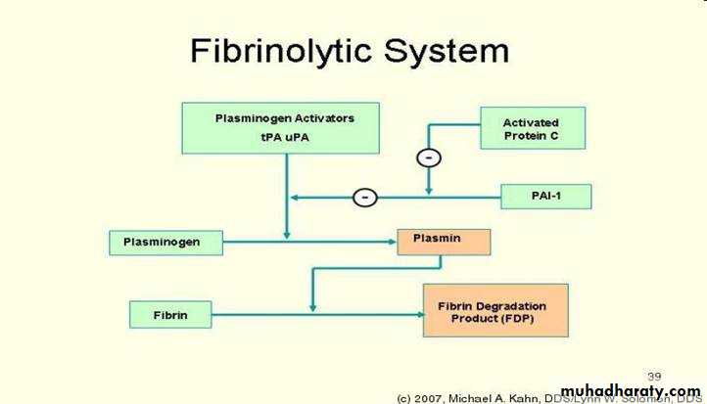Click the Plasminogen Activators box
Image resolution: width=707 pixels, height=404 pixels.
click(x=284, y=127)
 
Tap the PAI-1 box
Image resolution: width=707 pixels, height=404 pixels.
click(x=545, y=198)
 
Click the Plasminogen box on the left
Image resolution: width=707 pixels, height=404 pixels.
click(x=165, y=240)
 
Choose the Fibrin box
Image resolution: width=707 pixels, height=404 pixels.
click(x=170, y=315)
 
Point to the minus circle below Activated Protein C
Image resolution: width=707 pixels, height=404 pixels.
click(x=427, y=157)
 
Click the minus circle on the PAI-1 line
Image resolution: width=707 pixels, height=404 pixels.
click(x=364, y=198)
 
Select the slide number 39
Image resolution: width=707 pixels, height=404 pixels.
click(x=655, y=375)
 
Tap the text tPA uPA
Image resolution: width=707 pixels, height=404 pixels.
click(x=284, y=137)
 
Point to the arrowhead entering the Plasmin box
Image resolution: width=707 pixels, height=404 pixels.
click(x=391, y=240)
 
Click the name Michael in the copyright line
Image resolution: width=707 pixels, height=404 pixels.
click(x=485, y=397)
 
